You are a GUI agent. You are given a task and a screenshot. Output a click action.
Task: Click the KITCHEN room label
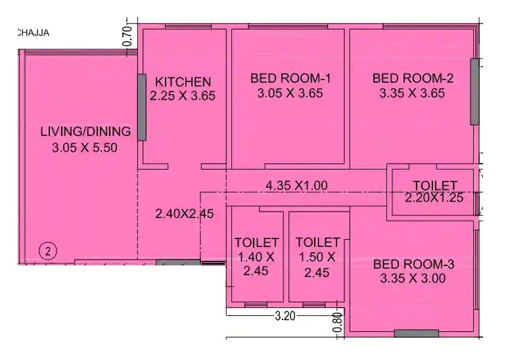[183, 82]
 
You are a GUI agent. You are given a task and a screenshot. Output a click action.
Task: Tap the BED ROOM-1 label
[290, 79]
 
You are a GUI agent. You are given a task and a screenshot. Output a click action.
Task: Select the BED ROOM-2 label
[413, 79]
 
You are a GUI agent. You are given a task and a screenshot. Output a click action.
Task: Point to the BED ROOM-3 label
[413, 264]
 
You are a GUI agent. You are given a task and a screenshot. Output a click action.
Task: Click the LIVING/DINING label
[85, 131]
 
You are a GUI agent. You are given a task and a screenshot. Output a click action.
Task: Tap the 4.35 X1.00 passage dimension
[296, 185]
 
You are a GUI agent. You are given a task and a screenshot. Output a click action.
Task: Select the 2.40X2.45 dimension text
[184, 214]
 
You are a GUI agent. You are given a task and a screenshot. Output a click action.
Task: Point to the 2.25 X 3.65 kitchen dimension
[183, 96]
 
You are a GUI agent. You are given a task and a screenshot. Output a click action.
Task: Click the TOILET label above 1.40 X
[256, 242]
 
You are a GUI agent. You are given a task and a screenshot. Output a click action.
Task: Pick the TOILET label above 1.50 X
[317, 242]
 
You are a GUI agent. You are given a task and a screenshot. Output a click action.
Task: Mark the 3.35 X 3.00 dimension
[413, 278]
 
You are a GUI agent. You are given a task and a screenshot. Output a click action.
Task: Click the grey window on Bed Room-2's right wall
[474, 92]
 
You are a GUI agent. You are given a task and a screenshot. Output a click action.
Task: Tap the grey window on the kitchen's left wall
[141, 106]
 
